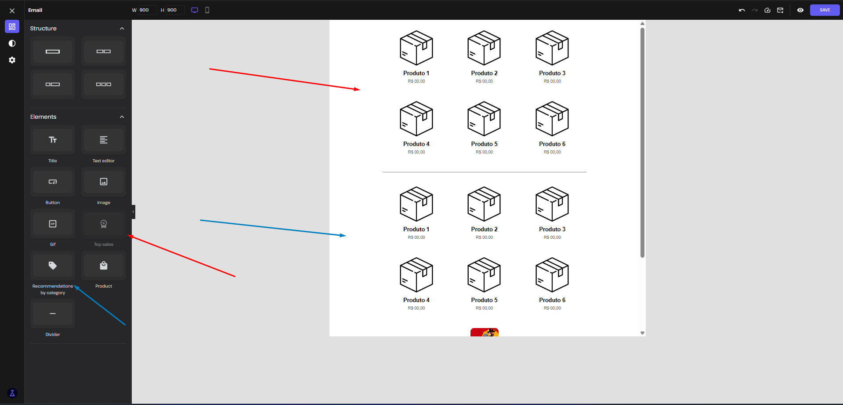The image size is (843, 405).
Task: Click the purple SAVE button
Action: coord(825,10)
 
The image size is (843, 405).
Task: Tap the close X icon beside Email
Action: coord(12,11)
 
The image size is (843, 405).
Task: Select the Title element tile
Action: coord(53,140)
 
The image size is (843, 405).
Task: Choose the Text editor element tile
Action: coord(104,140)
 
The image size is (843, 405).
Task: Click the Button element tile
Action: coord(53,182)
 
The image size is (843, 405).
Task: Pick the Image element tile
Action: coord(104,182)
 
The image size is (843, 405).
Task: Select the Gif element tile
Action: coord(53,224)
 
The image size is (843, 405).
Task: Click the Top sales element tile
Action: coord(104,224)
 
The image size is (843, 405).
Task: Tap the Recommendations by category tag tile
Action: coord(53,266)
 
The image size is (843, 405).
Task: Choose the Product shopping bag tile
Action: coord(104,266)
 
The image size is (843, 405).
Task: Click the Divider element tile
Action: coord(53,314)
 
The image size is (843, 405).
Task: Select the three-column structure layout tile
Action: coord(104,84)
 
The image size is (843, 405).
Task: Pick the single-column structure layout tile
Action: coord(53,51)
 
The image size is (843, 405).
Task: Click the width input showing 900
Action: coord(147,10)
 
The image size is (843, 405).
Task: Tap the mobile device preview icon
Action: coord(207,10)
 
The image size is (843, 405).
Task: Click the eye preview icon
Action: coord(800,10)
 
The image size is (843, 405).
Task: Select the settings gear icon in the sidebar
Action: coord(12,60)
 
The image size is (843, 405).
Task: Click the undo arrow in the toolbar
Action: coord(742,10)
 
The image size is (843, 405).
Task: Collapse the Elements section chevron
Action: coord(122,117)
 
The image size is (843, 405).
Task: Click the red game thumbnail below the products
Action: coord(485,332)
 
